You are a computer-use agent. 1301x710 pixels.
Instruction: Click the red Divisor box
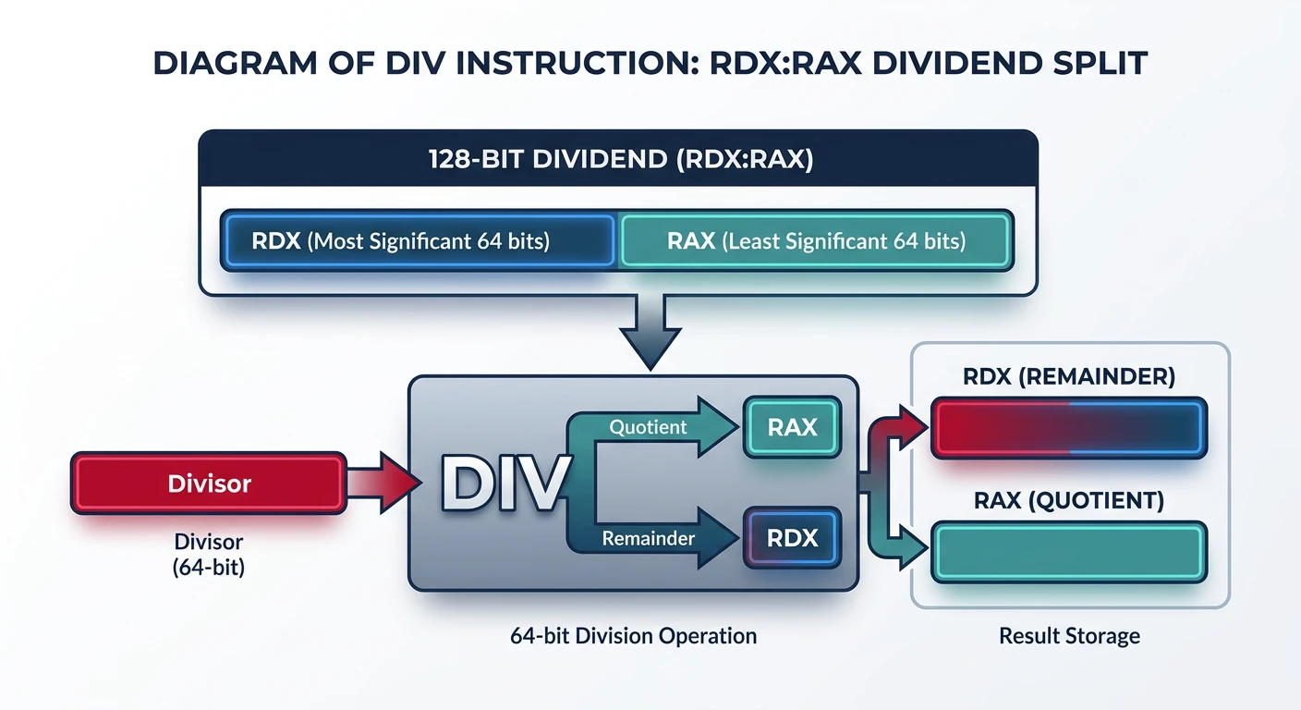[x=209, y=484]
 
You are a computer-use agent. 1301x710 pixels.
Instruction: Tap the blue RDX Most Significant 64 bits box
[x=418, y=241]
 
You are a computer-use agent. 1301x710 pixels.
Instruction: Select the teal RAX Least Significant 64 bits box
[x=815, y=241]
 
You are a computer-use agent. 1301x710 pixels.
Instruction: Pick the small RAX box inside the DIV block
[x=792, y=427]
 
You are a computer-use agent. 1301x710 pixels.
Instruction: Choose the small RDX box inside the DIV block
[x=792, y=538]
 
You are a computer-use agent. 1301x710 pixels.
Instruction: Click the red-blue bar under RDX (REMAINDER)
[x=1069, y=428]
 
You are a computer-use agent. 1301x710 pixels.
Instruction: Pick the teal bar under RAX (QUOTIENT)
[x=1069, y=552]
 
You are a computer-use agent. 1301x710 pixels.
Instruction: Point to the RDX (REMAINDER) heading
[x=1069, y=376]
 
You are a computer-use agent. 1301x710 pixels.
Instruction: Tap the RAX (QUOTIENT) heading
[x=1069, y=501]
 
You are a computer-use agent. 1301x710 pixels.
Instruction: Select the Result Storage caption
[x=1069, y=636]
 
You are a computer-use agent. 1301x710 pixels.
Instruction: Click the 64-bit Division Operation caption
[x=633, y=636]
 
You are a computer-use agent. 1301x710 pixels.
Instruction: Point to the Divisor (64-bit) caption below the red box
[x=209, y=554]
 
